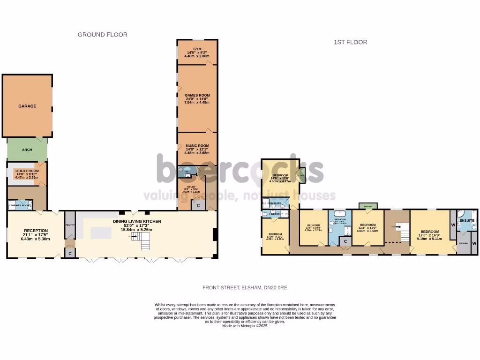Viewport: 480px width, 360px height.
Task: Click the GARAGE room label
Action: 27,106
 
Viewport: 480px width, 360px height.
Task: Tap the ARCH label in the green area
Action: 27,150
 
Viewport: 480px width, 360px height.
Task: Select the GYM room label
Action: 197,48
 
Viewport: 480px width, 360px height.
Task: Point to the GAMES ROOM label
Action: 197,95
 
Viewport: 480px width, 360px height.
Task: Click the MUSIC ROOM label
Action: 197,146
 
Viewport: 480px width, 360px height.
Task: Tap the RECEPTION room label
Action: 36,231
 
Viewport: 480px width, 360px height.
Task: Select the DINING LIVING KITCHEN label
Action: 137,221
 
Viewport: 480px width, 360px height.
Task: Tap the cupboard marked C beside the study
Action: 198,205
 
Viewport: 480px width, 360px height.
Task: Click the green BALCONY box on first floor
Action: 365,205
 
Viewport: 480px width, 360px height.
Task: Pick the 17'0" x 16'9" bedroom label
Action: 429,232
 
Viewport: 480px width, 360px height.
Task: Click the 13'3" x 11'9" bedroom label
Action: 367,225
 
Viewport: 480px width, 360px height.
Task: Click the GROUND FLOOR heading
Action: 102,35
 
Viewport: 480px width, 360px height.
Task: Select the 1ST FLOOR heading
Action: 350,42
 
